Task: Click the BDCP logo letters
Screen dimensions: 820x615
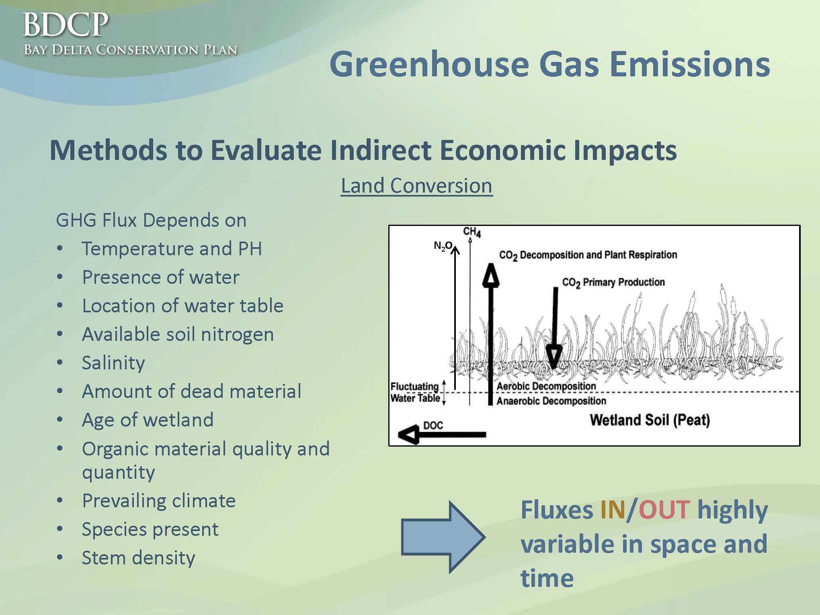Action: [66, 25]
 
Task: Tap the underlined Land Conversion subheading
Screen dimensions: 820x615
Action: [416, 186]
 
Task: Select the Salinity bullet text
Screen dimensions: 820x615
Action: [113, 363]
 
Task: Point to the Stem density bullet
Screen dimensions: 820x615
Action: [138, 558]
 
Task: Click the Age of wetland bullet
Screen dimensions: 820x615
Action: [148, 420]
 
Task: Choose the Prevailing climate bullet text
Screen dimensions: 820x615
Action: [159, 501]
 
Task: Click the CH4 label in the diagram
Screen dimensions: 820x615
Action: [472, 232]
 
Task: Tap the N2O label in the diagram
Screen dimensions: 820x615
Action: [443, 246]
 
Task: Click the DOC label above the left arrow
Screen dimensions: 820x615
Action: [433, 425]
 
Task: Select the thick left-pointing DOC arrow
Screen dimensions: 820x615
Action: [442, 435]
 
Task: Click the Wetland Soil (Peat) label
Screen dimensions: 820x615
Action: [650, 420]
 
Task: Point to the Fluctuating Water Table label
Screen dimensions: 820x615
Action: [415, 392]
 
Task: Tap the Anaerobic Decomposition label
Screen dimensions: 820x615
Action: [551, 401]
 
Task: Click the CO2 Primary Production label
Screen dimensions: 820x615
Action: [613, 283]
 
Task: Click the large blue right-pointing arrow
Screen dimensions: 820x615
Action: [443, 537]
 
